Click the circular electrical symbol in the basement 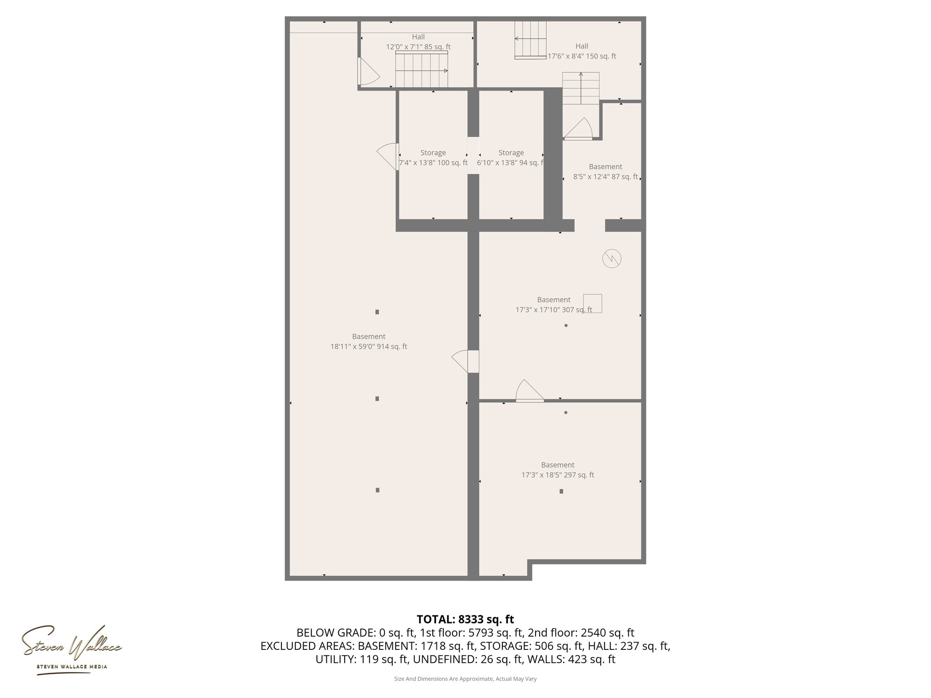(x=611, y=259)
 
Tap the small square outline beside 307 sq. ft (x=593, y=303)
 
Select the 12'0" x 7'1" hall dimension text (x=418, y=47)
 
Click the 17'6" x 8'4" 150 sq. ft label (x=582, y=56)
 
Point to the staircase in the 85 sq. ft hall (x=421, y=70)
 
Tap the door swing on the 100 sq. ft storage (x=387, y=156)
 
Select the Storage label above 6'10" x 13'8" (x=511, y=153)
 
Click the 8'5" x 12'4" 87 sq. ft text (x=606, y=177)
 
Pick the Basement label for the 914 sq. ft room (x=369, y=336)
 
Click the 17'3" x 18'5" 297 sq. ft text (x=558, y=475)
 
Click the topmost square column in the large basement (x=377, y=312)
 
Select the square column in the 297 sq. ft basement (x=561, y=491)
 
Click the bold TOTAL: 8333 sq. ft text (x=465, y=619)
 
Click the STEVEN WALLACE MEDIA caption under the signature (x=72, y=667)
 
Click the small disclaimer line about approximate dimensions (x=465, y=679)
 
